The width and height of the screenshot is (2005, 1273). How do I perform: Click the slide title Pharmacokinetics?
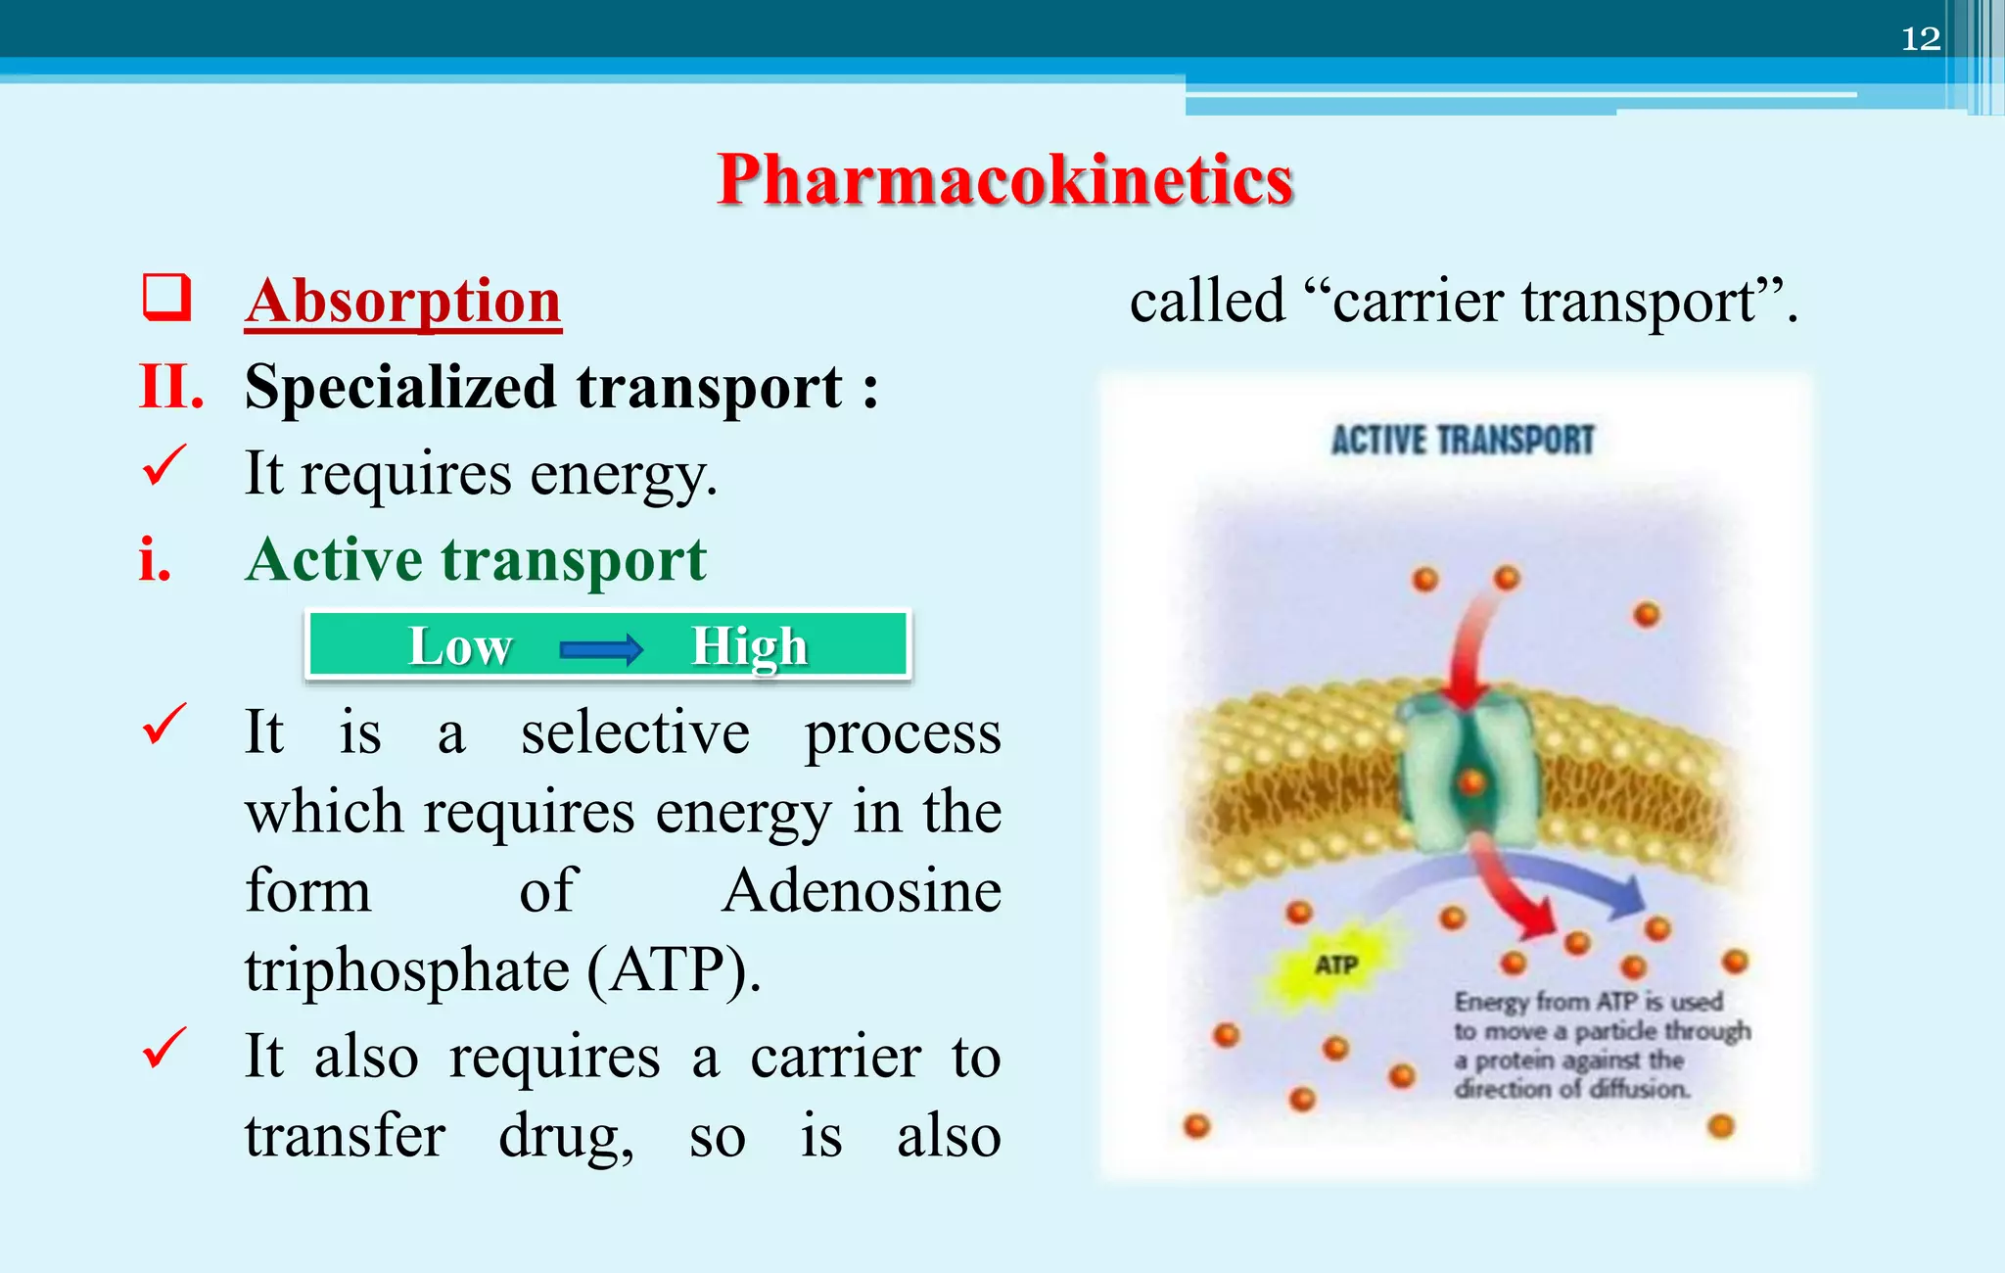(x=1004, y=180)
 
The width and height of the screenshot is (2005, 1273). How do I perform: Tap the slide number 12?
(x=1920, y=39)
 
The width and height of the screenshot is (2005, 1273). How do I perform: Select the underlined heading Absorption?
(x=402, y=301)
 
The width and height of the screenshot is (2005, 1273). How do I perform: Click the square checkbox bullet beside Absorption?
(x=165, y=297)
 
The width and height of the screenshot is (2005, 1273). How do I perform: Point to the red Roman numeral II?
(x=171, y=387)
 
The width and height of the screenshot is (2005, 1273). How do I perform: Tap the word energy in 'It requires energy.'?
(x=623, y=475)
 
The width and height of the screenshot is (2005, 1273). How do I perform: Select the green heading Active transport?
(x=476, y=560)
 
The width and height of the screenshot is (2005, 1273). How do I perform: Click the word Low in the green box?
(x=460, y=646)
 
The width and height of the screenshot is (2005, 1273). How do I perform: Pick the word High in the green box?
(x=749, y=646)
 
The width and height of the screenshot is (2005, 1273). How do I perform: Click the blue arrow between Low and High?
(x=601, y=648)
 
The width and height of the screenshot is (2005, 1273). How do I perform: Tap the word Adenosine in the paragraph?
(x=862, y=891)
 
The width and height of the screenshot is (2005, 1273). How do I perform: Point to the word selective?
(x=634, y=732)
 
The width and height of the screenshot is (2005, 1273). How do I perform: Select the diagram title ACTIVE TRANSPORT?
(x=1463, y=441)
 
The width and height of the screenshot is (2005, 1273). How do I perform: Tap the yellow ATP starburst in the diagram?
(x=1335, y=966)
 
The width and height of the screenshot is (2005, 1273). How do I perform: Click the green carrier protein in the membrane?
(x=1469, y=774)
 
